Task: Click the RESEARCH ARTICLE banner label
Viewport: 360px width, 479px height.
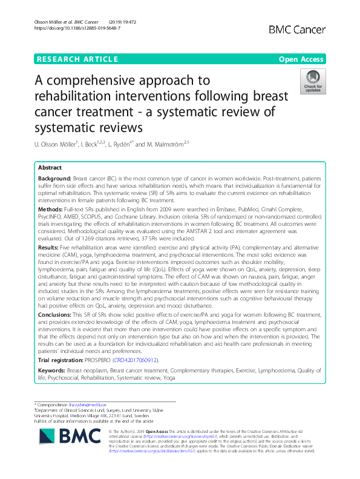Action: point(77,59)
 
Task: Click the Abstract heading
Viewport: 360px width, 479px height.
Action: point(50,168)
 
